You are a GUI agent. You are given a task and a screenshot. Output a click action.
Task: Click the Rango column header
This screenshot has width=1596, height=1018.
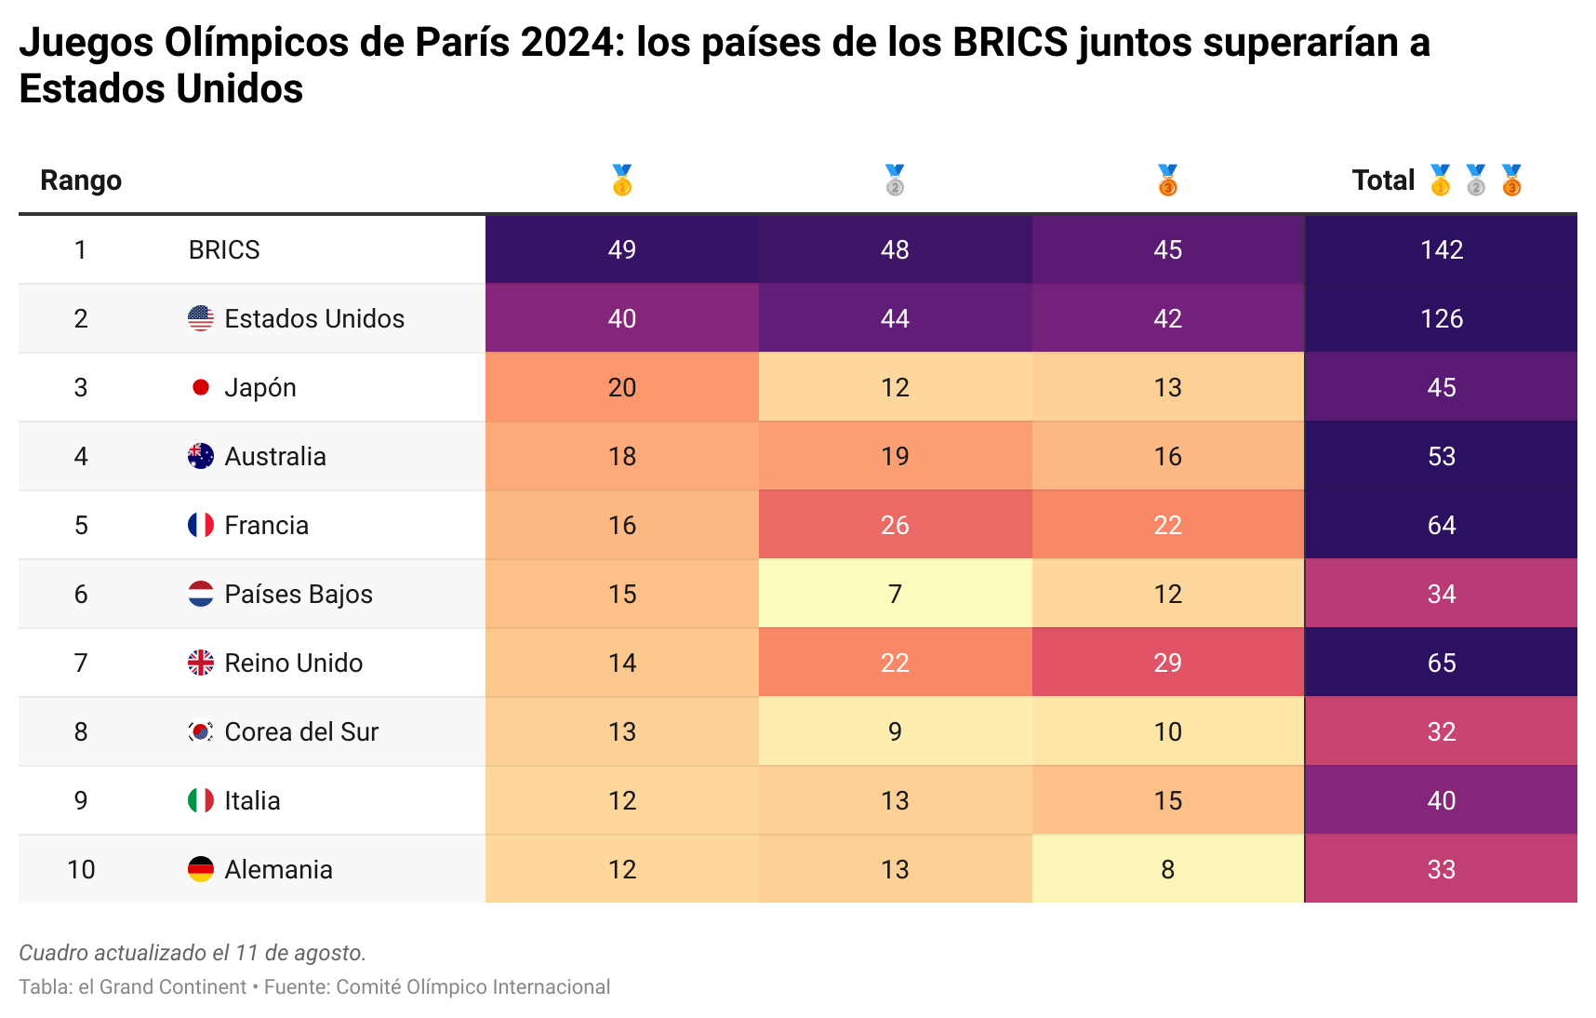click(x=81, y=180)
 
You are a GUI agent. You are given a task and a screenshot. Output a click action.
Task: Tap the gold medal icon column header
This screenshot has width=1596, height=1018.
click(x=621, y=180)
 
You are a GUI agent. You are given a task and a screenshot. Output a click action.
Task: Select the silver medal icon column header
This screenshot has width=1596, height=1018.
click(x=894, y=180)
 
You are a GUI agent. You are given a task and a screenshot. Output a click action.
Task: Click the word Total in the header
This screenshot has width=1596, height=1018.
click(x=1383, y=180)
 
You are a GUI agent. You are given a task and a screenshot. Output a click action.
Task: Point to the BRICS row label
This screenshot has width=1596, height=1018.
click(x=224, y=249)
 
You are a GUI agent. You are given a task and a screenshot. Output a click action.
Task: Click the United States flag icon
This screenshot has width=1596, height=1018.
click(x=200, y=318)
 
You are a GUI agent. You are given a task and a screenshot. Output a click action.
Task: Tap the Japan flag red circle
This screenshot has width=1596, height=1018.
click(x=200, y=387)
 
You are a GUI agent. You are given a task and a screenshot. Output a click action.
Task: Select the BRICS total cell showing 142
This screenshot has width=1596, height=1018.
click(x=1441, y=249)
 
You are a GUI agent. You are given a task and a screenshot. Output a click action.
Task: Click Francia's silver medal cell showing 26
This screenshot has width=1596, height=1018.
click(x=894, y=525)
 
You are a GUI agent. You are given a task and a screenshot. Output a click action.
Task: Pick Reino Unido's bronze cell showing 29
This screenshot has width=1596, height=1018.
click(x=1167, y=663)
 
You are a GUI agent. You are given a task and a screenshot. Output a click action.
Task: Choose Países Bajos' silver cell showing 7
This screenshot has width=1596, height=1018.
click(x=894, y=594)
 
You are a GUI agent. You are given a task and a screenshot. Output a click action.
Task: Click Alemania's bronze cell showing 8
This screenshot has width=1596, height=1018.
click(x=1167, y=869)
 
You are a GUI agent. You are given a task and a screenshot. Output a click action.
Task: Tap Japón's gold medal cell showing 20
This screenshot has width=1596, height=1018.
click(x=621, y=387)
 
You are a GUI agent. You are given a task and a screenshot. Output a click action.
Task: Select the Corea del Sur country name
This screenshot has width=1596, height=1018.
click(x=301, y=731)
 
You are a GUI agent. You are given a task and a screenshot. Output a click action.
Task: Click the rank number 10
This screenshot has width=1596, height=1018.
click(x=81, y=869)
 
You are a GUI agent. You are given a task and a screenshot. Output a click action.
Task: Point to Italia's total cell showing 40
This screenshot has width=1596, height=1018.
click(x=1441, y=800)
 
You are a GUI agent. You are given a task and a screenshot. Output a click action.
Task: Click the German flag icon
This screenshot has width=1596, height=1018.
click(x=200, y=869)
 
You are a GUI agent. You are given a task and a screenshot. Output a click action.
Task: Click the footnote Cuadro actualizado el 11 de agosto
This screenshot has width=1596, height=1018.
click(x=193, y=952)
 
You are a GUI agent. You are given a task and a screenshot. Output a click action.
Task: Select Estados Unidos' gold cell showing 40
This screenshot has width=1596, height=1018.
click(x=621, y=318)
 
